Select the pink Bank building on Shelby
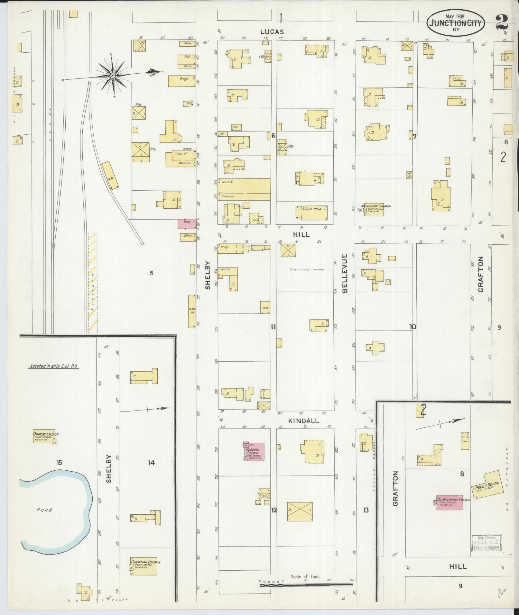point(187,224)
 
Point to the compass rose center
point(113,76)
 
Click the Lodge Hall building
point(312,213)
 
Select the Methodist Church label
point(376,206)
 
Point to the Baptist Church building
point(45,438)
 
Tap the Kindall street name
point(303,421)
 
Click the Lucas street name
point(272,32)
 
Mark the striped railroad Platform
point(93,282)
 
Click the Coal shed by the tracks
point(110,175)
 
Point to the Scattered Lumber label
point(304,269)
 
